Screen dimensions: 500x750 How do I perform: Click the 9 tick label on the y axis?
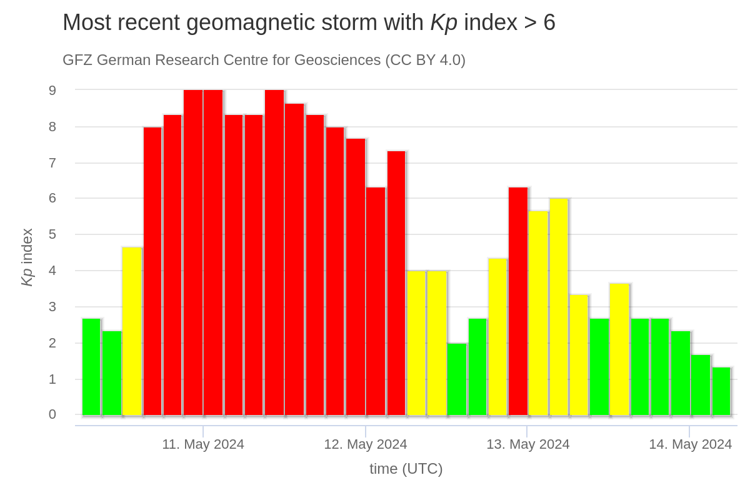(x=52, y=91)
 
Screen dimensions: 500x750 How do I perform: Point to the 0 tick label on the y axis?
(x=52, y=414)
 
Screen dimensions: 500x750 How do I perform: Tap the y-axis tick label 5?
(x=52, y=234)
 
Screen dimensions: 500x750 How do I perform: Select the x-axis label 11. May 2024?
(x=203, y=444)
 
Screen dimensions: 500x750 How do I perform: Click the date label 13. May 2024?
(x=527, y=444)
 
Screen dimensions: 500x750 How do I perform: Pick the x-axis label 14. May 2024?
(x=690, y=444)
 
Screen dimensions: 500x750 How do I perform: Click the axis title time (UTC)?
(x=406, y=469)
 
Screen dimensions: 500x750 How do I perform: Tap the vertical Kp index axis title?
(x=27, y=257)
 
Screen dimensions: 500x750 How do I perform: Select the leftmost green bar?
(x=91, y=367)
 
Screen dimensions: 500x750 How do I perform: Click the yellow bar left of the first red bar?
(x=132, y=331)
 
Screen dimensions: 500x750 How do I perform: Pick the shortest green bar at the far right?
(x=721, y=391)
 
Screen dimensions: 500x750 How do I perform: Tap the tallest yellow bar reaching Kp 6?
(x=559, y=307)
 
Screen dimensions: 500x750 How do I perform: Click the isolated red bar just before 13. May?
(x=518, y=301)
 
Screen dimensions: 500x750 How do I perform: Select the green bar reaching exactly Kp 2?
(x=457, y=379)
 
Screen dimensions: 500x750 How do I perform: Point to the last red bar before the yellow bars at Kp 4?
(x=396, y=283)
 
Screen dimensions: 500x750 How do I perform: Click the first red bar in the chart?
(x=152, y=271)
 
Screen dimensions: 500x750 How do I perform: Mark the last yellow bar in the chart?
(x=619, y=349)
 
